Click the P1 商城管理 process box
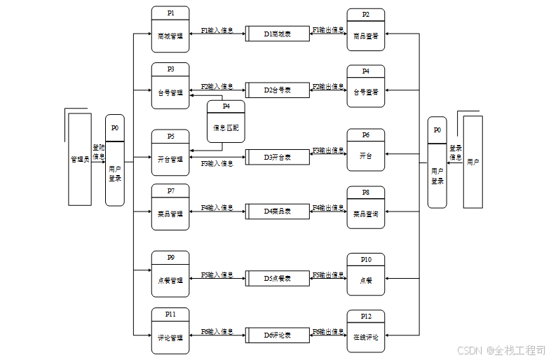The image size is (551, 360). point(170,29)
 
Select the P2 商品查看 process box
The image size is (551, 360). point(366,30)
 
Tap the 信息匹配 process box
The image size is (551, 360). point(226,122)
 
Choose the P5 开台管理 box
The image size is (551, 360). point(170,153)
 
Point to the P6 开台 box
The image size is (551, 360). point(366,150)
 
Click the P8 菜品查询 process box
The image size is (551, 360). point(366,207)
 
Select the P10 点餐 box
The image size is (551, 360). point(366,274)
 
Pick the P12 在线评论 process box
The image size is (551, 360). point(366,331)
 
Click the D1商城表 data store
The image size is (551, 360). point(278,34)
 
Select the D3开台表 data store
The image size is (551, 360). point(278,157)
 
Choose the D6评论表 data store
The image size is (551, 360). point(278,335)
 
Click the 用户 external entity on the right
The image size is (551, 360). point(473,162)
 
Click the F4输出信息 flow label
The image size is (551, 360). point(328,208)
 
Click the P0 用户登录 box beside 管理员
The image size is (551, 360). point(115,160)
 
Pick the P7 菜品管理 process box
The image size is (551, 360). point(170,207)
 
